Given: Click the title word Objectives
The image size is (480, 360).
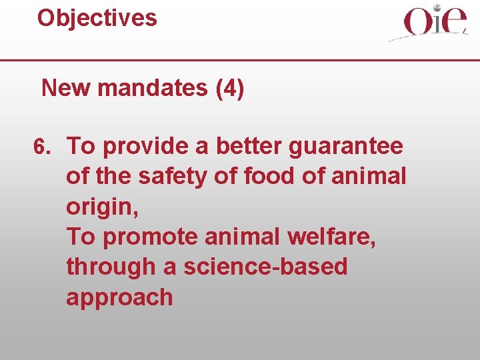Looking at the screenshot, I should (97, 18).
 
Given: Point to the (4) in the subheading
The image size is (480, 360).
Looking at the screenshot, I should (230, 88).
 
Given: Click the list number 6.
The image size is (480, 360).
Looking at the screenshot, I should (41, 146).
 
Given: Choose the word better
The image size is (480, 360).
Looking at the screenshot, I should (255, 146).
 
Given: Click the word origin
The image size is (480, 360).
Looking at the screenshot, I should (101, 207).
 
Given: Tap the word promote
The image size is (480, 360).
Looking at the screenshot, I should (145, 237).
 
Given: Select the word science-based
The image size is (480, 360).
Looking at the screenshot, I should (265, 267).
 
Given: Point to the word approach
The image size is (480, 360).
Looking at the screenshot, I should (119, 298).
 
